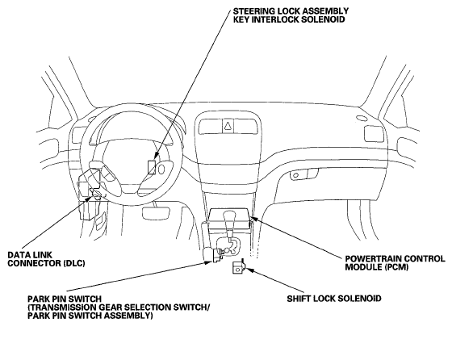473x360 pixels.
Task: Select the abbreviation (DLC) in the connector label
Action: point(74,263)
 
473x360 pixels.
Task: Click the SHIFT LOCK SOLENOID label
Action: point(334,299)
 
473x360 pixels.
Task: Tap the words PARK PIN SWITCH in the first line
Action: point(65,299)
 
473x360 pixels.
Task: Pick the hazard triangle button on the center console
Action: point(228,126)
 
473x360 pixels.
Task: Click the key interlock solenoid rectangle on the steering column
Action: point(152,167)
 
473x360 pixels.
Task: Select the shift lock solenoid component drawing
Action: point(238,266)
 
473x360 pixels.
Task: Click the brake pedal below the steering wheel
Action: point(155,213)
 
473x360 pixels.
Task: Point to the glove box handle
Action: point(303,174)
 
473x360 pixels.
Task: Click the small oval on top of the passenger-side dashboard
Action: point(361,118)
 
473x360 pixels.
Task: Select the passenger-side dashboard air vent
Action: point(374,134)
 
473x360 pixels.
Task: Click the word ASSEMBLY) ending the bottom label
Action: point(132,316)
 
